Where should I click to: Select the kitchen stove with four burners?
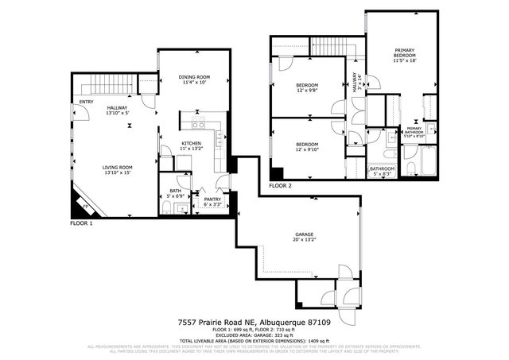coord(199,123)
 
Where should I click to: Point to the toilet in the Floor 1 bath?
coord(165,207)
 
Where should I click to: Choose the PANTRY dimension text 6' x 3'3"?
coord(212,205)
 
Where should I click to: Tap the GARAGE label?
coord(305,234)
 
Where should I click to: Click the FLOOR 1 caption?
coord(81,224)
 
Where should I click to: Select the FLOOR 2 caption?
coord(280,185)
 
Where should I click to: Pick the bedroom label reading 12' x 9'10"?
coord(307,150)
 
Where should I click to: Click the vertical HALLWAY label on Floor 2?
coord(355,83)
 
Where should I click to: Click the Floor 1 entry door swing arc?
coord(80,118)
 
